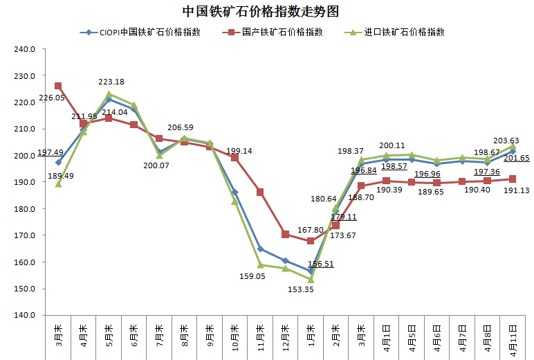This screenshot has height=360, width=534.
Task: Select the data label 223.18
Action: [111, 82]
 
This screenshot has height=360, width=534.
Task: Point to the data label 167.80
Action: [311, 229]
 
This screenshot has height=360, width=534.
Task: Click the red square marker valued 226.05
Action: [59, 86]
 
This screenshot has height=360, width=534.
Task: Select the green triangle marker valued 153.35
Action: [311, 279]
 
